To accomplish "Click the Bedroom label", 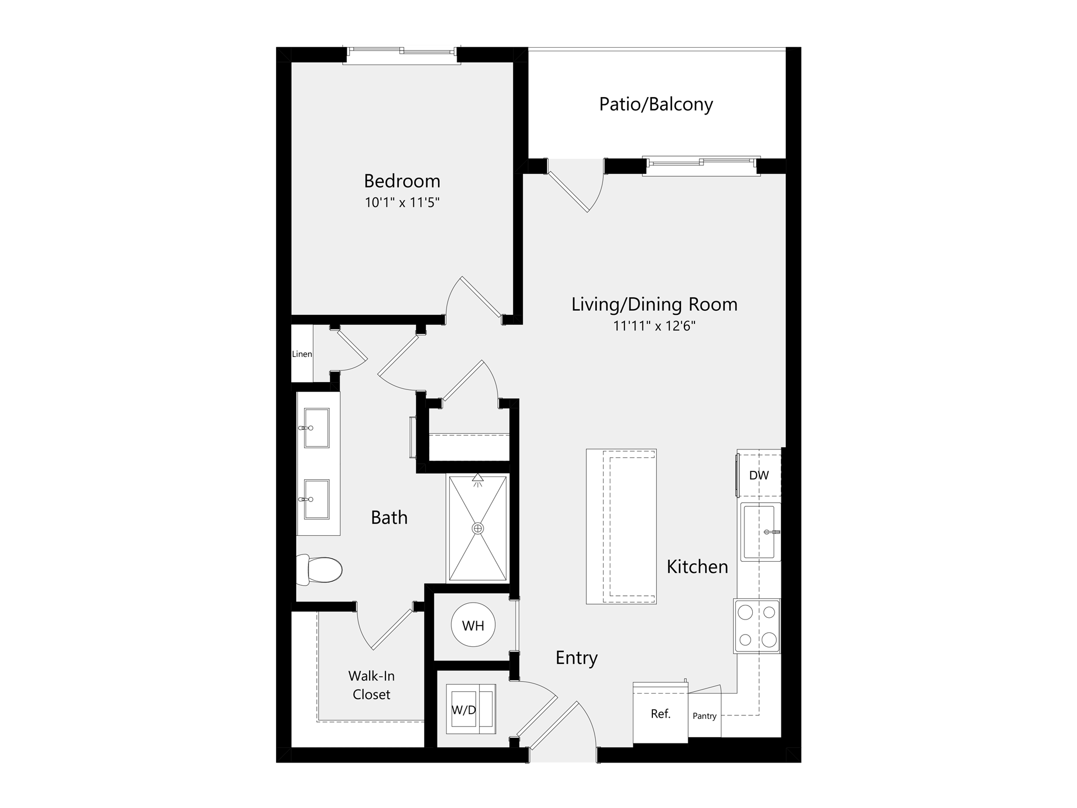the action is (x=402, y=181).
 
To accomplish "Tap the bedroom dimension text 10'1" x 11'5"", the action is (x=402, y=202).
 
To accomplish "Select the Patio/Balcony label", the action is (x=656, y=104).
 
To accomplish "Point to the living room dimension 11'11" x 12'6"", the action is (x=654, y=325).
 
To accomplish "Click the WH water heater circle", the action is (x=473, y=625).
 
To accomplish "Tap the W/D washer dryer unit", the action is (x=471, y=709).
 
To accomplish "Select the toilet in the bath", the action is (x=319, y=570).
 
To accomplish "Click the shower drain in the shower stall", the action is (x=478, y=529).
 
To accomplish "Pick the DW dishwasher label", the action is (x=759, y=475).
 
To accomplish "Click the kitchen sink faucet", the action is (x=772, y=532).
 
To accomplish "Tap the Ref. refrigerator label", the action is (x=661, y=714).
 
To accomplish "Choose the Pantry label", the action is (x=705, y=716).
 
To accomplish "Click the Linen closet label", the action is (x=302, y=354).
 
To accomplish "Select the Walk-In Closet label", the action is (x=371, y=685).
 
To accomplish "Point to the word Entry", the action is (x=577, y=658).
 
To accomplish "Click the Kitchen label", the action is (x=697, y=567).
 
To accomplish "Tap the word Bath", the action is (x=389, y=517).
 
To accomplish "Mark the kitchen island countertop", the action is (x=622, y=526).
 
